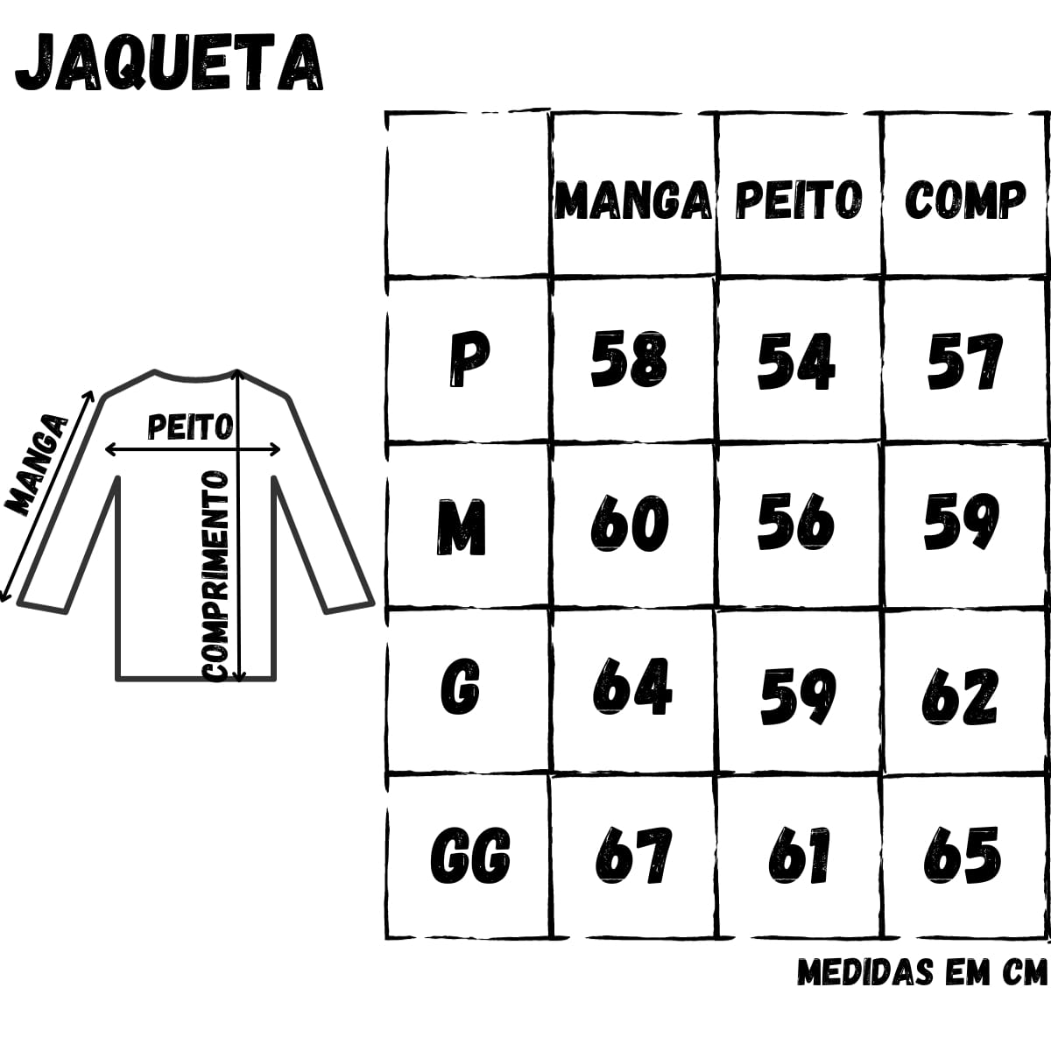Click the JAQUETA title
click(170, 63)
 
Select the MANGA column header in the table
click(632, 201)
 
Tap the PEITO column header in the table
click(799, 199)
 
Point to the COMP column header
click(965, 199)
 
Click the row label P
click(469, 359)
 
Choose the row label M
click(462, 527)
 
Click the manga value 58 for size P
click(629, 359)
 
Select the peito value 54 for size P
click(796, 362)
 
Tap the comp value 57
click(965, 362)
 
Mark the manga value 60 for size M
click(630, 524)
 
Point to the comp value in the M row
click(962, 522)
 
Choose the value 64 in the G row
click(632, 686)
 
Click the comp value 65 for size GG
click(963, 855)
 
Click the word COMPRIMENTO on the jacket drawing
click(215, 576)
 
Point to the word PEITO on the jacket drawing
click(190, 427)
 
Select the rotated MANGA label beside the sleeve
click(36, 464)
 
